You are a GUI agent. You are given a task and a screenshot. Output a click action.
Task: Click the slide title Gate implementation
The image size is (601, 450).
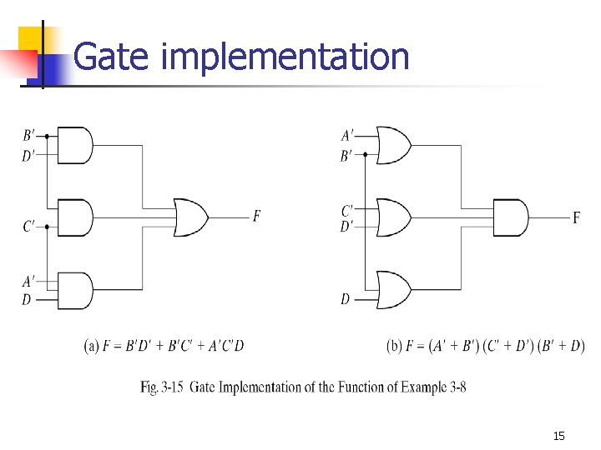[241, 57]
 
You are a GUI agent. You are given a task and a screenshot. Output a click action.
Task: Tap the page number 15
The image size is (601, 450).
[559, 436]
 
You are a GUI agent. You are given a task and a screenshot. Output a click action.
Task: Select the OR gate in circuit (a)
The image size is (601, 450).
[191, 217]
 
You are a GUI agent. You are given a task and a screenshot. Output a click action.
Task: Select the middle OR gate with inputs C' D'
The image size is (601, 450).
[393, 217]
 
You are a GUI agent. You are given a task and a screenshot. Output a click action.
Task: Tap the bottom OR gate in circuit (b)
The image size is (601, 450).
[393, 290]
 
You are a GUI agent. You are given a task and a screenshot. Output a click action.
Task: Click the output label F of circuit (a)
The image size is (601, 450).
[257, 217]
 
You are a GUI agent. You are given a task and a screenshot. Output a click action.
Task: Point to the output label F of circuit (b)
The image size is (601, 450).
[576, 218]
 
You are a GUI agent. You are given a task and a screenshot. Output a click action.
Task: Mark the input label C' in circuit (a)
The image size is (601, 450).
[29, 226]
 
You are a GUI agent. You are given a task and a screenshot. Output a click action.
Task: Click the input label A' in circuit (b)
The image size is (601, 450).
[347, 135]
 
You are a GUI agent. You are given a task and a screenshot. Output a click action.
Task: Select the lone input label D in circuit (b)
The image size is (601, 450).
[346, 299]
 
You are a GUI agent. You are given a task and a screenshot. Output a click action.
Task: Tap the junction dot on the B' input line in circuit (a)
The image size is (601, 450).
[47, 136]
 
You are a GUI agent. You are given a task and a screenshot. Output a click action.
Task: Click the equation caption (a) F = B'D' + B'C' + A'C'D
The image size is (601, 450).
[164, 346]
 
